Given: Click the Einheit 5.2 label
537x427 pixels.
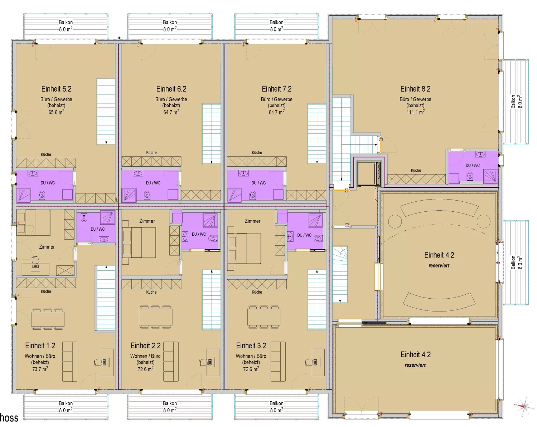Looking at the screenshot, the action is point(57,89).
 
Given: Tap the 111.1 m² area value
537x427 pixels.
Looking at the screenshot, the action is point(416,112).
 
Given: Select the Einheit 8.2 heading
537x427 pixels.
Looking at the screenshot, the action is point(416,89).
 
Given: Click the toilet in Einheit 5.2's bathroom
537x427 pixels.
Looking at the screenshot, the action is point(42,195).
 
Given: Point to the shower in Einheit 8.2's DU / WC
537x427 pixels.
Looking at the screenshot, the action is point(490,176).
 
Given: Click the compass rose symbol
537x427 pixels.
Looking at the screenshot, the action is point(524,407).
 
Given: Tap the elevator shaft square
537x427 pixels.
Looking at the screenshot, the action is point(369,173).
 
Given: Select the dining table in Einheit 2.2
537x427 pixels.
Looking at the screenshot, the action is point(156,317).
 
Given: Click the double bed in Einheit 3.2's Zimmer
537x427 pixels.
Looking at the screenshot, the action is point(245,249).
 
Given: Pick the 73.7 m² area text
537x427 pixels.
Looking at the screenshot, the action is point(40,369).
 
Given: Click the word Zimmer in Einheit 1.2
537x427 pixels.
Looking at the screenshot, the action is point(47,247).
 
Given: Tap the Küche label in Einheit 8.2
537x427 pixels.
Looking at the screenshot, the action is point(416,171).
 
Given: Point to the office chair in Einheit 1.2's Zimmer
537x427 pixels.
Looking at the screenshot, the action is point(36,260).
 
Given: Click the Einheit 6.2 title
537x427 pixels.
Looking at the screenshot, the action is point(171,89).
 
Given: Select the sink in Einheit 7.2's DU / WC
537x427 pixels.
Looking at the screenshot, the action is point(243,173).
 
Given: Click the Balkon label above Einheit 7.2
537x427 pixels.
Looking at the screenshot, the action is point(276,22).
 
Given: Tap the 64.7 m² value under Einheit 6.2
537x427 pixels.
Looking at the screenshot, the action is point(171,112).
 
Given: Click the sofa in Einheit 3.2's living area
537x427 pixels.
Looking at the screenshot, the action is point(278,362).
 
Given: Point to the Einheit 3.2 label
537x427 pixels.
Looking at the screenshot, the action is point(251,345).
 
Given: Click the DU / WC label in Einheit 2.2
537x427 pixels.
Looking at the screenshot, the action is point(199,234).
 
